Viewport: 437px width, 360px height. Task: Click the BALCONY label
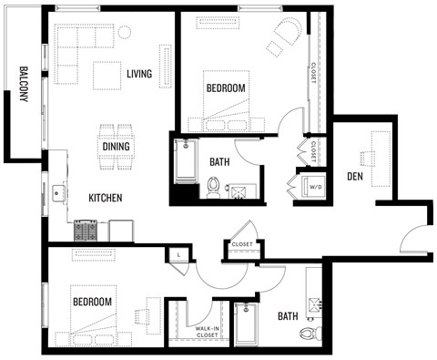(21, 87)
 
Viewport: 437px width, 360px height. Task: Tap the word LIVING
(139, 74)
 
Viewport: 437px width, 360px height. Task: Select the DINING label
(115, 147)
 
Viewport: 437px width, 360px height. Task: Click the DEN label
(356, 175)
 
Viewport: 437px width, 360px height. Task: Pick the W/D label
(316, 187)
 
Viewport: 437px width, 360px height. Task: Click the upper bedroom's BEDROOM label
(225, 87)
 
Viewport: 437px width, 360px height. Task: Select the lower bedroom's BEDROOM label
(93, 302)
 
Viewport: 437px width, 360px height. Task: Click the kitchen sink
(59, 192)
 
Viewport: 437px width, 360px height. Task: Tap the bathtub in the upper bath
(186, 161)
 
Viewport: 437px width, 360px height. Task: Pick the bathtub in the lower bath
(246, 324)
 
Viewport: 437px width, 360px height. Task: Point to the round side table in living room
(125, 32)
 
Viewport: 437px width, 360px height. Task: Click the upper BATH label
(219, 162)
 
